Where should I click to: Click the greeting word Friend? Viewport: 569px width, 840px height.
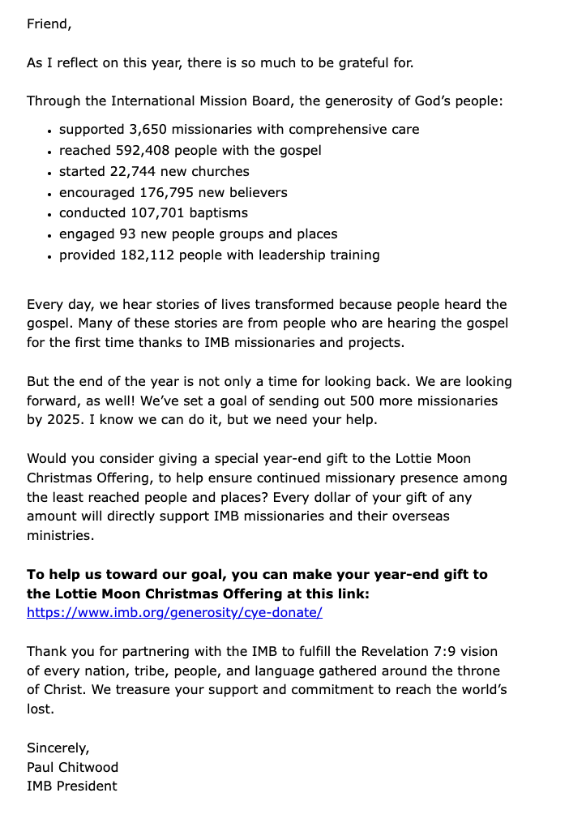pyautogui.click(x=48, y=24)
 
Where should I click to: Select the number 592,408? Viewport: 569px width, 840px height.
pyautogui.click(x=148, y=151)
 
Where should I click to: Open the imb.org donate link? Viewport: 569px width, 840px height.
pyautogui.click(x=174, y=613)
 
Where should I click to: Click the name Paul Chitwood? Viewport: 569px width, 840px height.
pyautogui.click(x=72, y=767)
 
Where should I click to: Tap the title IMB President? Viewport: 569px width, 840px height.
pyautogui.click(x=71, y=786)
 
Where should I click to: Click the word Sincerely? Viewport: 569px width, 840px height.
pyautogui.click(x=58, y=748)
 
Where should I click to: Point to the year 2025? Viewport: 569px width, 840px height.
pyautogui.click(x=64, y=420)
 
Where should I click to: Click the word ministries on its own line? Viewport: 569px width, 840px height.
pyautogui.click(x=60, y=535)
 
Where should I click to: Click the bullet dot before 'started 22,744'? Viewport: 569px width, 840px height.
pyautogui.click(x=50, y=173)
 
